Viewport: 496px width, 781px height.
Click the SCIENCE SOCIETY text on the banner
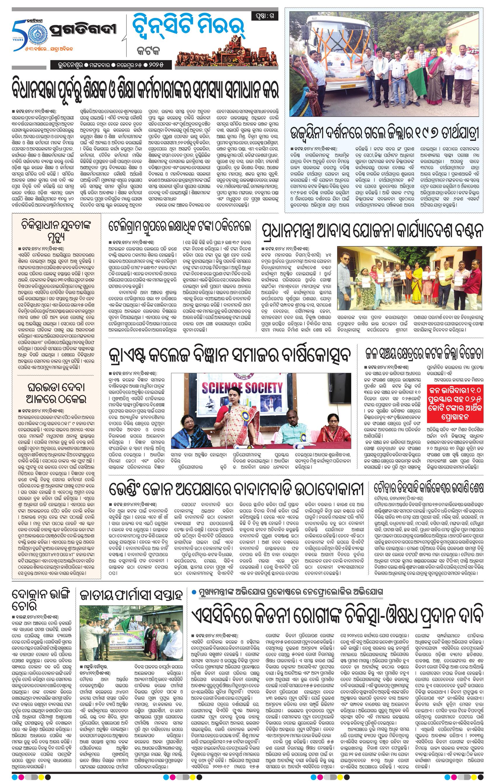click(242, 387)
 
